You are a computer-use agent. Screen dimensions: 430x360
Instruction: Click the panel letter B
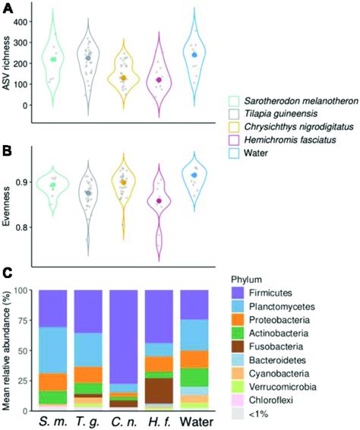pyautogui.click(x=7, y=150)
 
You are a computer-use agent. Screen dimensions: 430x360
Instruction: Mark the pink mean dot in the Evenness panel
pyautogui.click(x=159, y=201)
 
